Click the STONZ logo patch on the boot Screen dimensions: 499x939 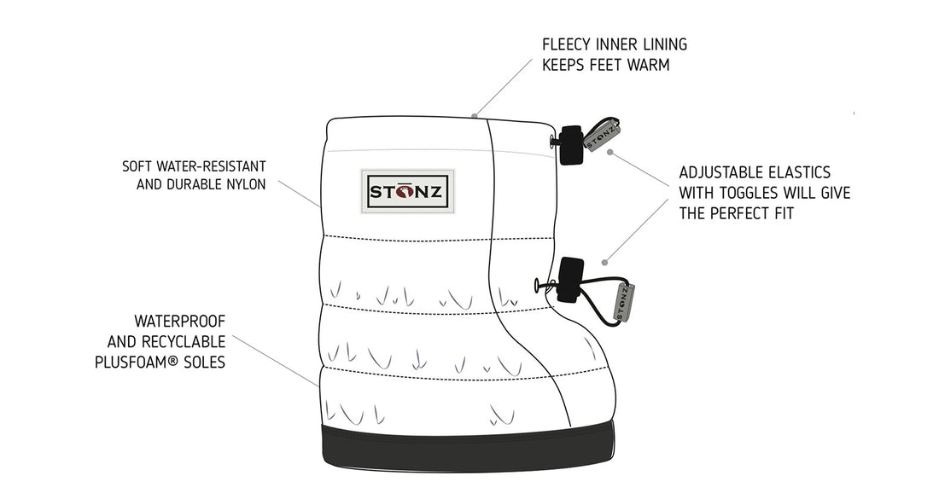(405, 189)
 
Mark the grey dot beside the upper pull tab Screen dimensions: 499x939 (610, 154)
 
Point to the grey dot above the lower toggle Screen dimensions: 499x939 (604, 261)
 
